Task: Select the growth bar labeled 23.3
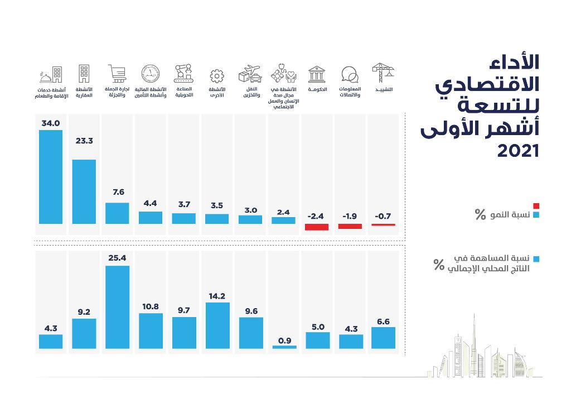[x=84, y=191]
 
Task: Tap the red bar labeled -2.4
[x=317, y=227]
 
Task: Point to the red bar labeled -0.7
[x=383, y=224]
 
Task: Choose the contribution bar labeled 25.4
[x=117, y=307]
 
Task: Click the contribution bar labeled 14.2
[x=217, y=325]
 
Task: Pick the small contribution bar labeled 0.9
[x=284, y=347]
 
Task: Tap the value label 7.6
[x=118, y=192]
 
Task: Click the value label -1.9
[x=350, y=216]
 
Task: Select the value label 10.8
[x=151, y=306]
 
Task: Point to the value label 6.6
[x=383, y=321]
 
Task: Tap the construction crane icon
[x=383, y=73]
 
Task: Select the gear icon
[x=217, y=76]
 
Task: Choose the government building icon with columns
[x=317, y=74]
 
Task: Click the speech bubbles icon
[x=350, y=75]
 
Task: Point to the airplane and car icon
[x=250, y=74]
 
